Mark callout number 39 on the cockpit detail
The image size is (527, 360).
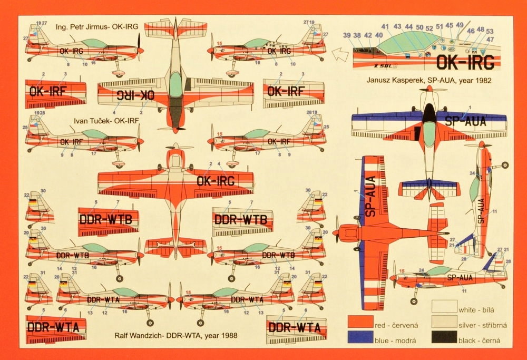347,35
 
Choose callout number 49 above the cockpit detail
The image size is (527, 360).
460,25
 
